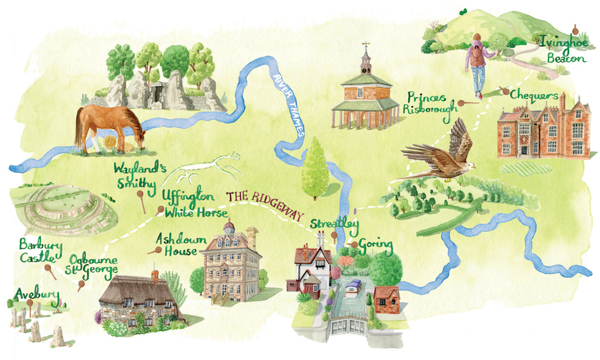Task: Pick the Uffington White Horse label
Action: (x=186, y=202)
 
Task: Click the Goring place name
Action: (x=375, y=243)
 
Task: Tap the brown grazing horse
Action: (x=108, y=128)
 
